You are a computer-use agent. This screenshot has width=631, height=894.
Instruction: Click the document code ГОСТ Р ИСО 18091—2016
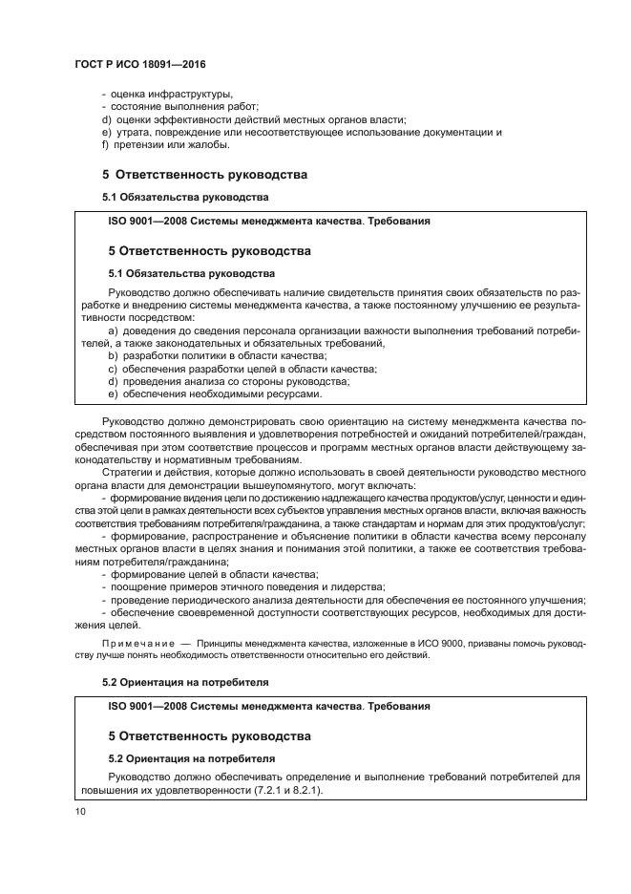point(140,63)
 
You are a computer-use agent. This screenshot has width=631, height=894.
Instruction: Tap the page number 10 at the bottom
point(80,811)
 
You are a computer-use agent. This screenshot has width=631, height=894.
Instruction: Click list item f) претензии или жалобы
point(165,145)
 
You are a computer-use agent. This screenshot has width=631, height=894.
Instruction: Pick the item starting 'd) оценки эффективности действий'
point(254,119)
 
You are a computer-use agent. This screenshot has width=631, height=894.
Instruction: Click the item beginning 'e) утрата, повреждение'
point(302,132)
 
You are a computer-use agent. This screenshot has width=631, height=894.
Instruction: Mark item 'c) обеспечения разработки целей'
point(242,369)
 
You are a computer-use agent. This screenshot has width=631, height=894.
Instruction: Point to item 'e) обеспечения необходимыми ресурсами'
point(215,394)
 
